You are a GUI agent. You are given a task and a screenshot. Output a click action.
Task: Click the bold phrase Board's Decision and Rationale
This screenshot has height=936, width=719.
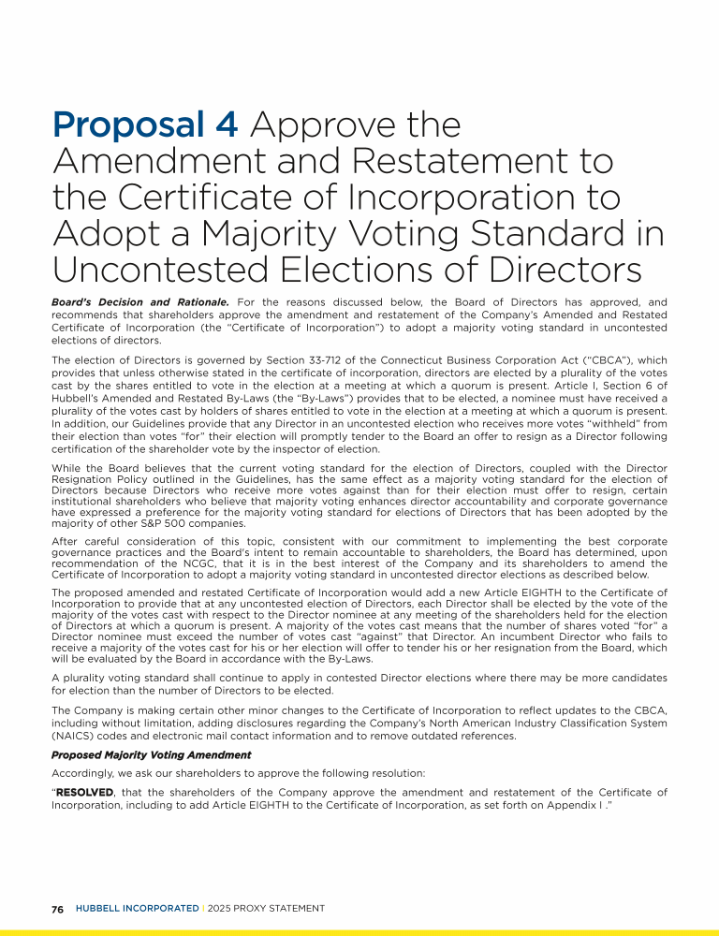point(140,302)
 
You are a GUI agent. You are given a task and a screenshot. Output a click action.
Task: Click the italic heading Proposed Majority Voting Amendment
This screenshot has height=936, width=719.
point(152,754)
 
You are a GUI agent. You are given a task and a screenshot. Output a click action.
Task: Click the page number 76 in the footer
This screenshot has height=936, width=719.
point(57,909)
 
